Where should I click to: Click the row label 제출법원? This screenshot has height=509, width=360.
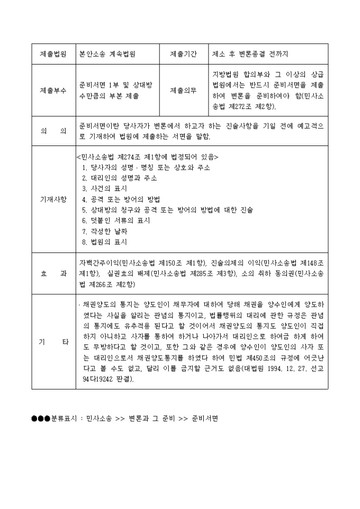pyautogui.click(x=53, y=54)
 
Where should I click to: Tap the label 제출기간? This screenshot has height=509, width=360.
pyautogui.click(x=184, y=54)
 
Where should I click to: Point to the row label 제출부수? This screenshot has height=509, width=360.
pyautogui.click(x=53, y=90)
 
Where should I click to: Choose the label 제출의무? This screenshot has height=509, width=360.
pyautogui.click(x=184, y=90)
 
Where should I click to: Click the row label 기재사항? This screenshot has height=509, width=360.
pyautogui.click(x=53, y=199)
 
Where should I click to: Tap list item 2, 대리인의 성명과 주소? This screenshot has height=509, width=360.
pyautogui.click(x=120, y=178)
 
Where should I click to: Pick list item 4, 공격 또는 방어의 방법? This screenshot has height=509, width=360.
pyautogui.click(x=121, y=199)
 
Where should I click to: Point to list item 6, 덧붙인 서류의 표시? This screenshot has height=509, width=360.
pyautogui.click(x=116, y=221)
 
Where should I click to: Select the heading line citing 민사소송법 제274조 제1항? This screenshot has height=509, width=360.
pyautogui.click(x=147, y=157)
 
